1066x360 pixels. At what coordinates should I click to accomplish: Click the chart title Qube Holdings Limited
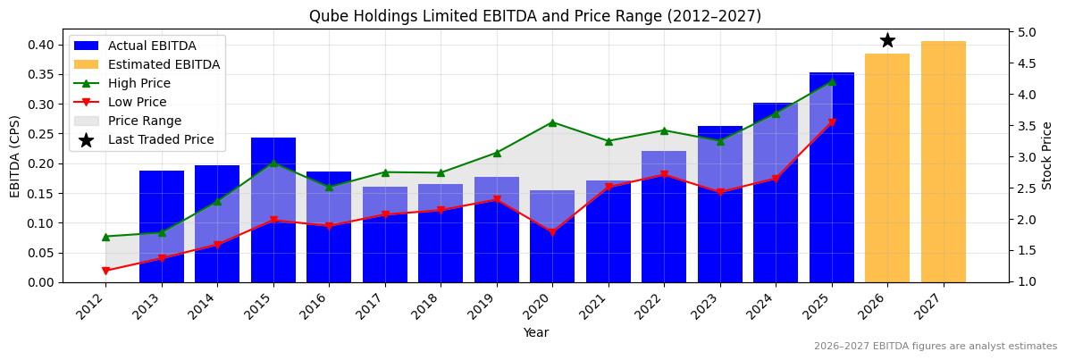534,16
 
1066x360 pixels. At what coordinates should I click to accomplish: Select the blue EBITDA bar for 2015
273,210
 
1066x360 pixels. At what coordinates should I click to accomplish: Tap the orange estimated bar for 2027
943,162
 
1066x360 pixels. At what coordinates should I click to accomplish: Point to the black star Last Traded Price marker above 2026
887,40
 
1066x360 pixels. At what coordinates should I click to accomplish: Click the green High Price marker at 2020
552,122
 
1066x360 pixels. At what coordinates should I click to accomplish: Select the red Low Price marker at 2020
552,232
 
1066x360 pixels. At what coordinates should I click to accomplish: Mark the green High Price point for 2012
105,237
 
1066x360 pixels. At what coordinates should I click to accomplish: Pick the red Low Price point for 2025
832,122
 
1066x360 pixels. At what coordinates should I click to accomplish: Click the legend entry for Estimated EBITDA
164,64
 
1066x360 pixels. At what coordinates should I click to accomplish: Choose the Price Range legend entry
144,121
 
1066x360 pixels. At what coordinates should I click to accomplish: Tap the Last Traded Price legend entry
161,139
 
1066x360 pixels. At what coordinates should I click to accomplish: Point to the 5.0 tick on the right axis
1027,32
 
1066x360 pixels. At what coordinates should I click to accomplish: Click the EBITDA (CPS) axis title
15,155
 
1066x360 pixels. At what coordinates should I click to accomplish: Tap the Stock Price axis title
1047,155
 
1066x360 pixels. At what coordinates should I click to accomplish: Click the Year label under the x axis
535,332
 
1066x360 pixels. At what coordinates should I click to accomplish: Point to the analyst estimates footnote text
935,347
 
